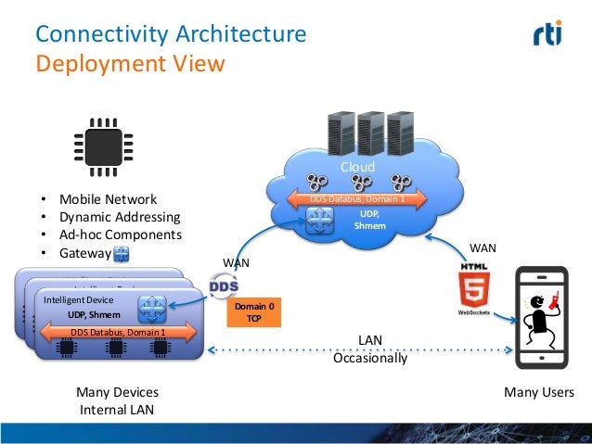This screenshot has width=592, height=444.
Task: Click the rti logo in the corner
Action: pos(553,36)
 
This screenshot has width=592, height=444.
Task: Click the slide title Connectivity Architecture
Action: pos(170,35)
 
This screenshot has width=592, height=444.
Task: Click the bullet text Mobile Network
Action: pos(108,199)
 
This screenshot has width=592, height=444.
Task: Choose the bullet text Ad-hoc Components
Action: pos(121,235)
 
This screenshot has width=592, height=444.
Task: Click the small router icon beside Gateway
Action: pos(122,253)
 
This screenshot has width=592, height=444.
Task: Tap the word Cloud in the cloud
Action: pos(356,168)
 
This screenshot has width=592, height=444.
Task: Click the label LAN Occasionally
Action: pos(369,349)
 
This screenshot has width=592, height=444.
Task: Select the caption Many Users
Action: pos(538,392)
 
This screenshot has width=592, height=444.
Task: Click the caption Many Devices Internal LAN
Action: pos(117,400)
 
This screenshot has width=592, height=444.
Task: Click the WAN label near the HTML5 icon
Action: pos(483,248)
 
